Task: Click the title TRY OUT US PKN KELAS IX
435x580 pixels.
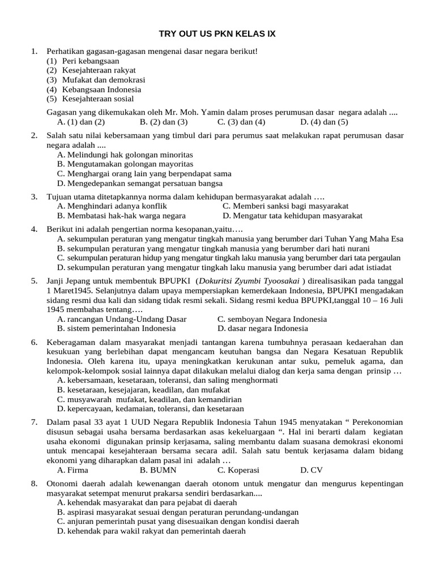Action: (217, 34)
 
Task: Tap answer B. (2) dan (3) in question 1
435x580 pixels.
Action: (163, 121)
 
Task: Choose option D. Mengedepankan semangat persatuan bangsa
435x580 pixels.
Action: (140, 183)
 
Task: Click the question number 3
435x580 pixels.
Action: (34, 197)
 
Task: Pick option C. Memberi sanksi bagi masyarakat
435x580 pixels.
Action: (285, 206)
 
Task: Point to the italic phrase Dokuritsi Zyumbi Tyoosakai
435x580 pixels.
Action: (249, 281)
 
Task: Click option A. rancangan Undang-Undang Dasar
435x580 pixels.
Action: (122, 319)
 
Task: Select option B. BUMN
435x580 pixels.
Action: (158, 470)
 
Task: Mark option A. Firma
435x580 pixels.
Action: (72, 470)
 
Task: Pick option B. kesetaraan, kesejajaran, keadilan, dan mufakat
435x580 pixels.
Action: (143, 390)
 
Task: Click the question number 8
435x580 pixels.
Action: (34, 483)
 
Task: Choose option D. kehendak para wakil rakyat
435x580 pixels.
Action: (152, 531)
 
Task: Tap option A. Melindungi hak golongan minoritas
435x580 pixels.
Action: (125, 154)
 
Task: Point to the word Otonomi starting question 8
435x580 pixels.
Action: (62, 483)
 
